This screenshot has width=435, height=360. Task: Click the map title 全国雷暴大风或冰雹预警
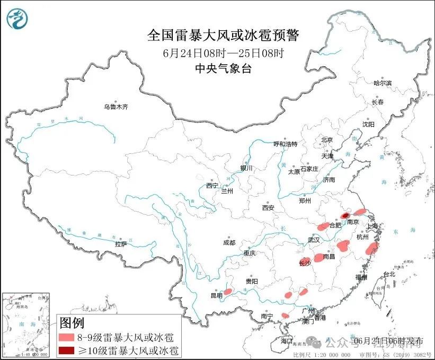pyautogui.click(x=223, y=36)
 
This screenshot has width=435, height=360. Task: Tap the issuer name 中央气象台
pyautogui.click(x=223, y=68)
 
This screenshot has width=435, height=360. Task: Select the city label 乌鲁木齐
pyautogui.click(x=116, y=107)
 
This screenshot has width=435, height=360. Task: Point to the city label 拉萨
pyautogui.click(x=121, y=244)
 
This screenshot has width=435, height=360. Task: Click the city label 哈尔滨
pyautogui.click(x=382, y=83)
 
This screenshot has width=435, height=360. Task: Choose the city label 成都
pyautogui.click(x=229, y=243)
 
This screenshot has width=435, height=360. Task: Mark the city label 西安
pyautogui.click(x=268, y=208)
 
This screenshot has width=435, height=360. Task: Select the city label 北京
pyautogui.click(x=326, y=140)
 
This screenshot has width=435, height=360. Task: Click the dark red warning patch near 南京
pyautogui.click(x=344, y=216)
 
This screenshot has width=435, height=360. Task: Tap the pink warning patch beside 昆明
pyautogui.click(x=228, y=291)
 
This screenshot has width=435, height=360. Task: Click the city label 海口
pyautogui.click(x=287, y=340)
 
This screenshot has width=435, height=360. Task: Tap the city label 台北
pyautogui.click(x=389, y=274)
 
